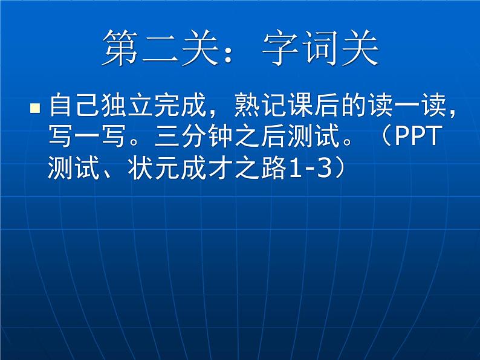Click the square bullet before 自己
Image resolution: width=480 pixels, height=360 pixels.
(34, 109)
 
